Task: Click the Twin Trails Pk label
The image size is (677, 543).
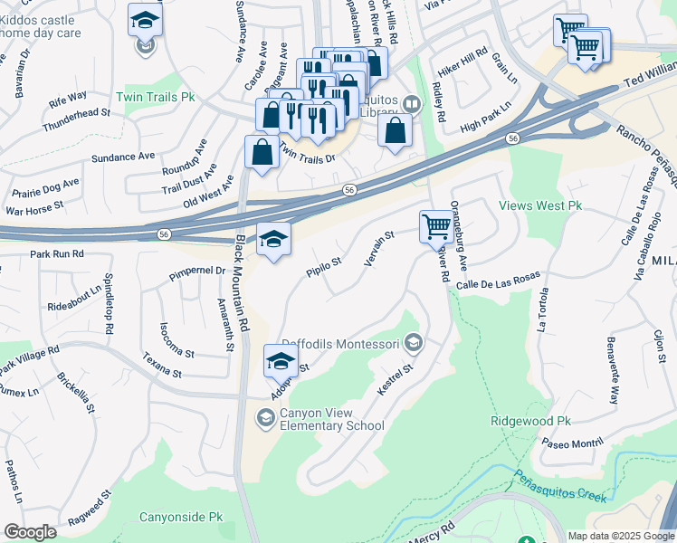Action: click(156, 95)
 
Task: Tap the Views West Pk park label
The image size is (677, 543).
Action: click(539, 206)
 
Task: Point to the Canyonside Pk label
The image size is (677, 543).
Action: click(181, 518)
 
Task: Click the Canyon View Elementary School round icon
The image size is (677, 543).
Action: click(265, 416)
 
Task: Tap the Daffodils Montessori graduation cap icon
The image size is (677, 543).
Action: click(415, 342)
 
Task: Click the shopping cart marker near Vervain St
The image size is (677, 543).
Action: click(436, 226)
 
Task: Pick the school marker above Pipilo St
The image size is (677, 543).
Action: click(273, 241)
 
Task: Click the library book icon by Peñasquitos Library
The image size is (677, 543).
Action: click(412, 104)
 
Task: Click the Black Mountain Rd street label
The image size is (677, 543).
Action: click(243, 285)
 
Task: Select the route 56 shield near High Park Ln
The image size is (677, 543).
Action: click(513, 138)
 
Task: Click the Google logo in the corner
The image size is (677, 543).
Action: click(30, 532)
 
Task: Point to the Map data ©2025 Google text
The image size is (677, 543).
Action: click(620, 536)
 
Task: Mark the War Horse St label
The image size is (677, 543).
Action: click(33, 208)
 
